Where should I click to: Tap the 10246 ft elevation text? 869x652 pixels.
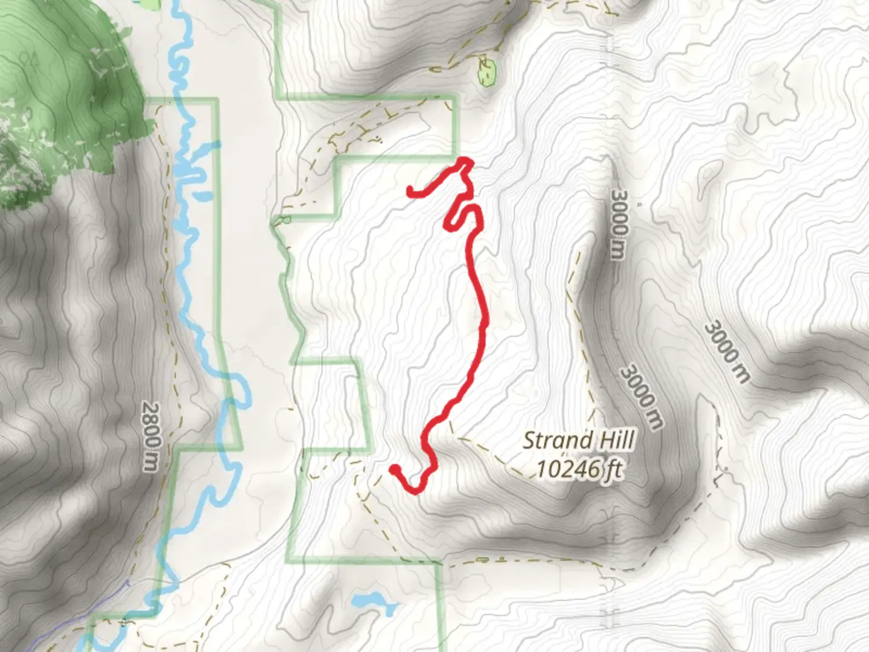tap(579, 468)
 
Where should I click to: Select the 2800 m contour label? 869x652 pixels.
tap(151, 436)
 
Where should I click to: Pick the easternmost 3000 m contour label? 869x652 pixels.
tap(727, 352)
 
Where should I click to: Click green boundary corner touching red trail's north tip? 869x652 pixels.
tap(457, 158)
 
